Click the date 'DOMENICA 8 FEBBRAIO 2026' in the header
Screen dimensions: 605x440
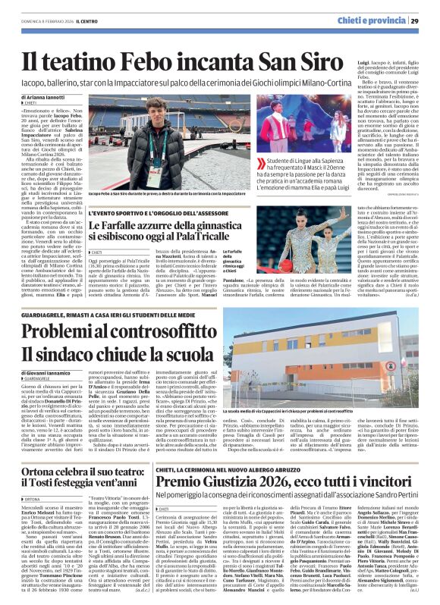point(42,20)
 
